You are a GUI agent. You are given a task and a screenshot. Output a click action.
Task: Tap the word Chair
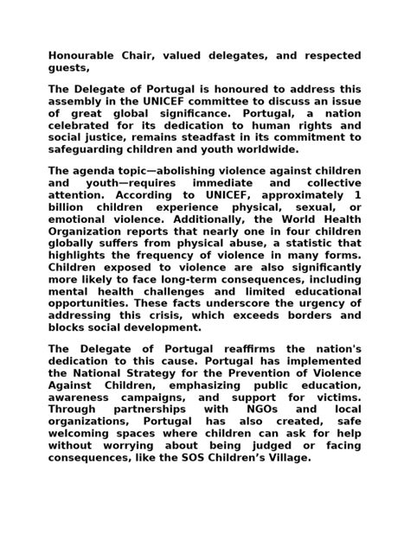[x=151, y=56]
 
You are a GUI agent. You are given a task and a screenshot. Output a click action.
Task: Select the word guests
[x=68, y=68]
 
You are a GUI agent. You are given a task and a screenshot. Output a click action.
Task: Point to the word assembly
[x=75, y=101]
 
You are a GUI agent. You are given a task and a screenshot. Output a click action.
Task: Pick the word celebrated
[x=83, y=125]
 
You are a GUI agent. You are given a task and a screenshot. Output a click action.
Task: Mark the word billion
[x=70, y=207]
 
